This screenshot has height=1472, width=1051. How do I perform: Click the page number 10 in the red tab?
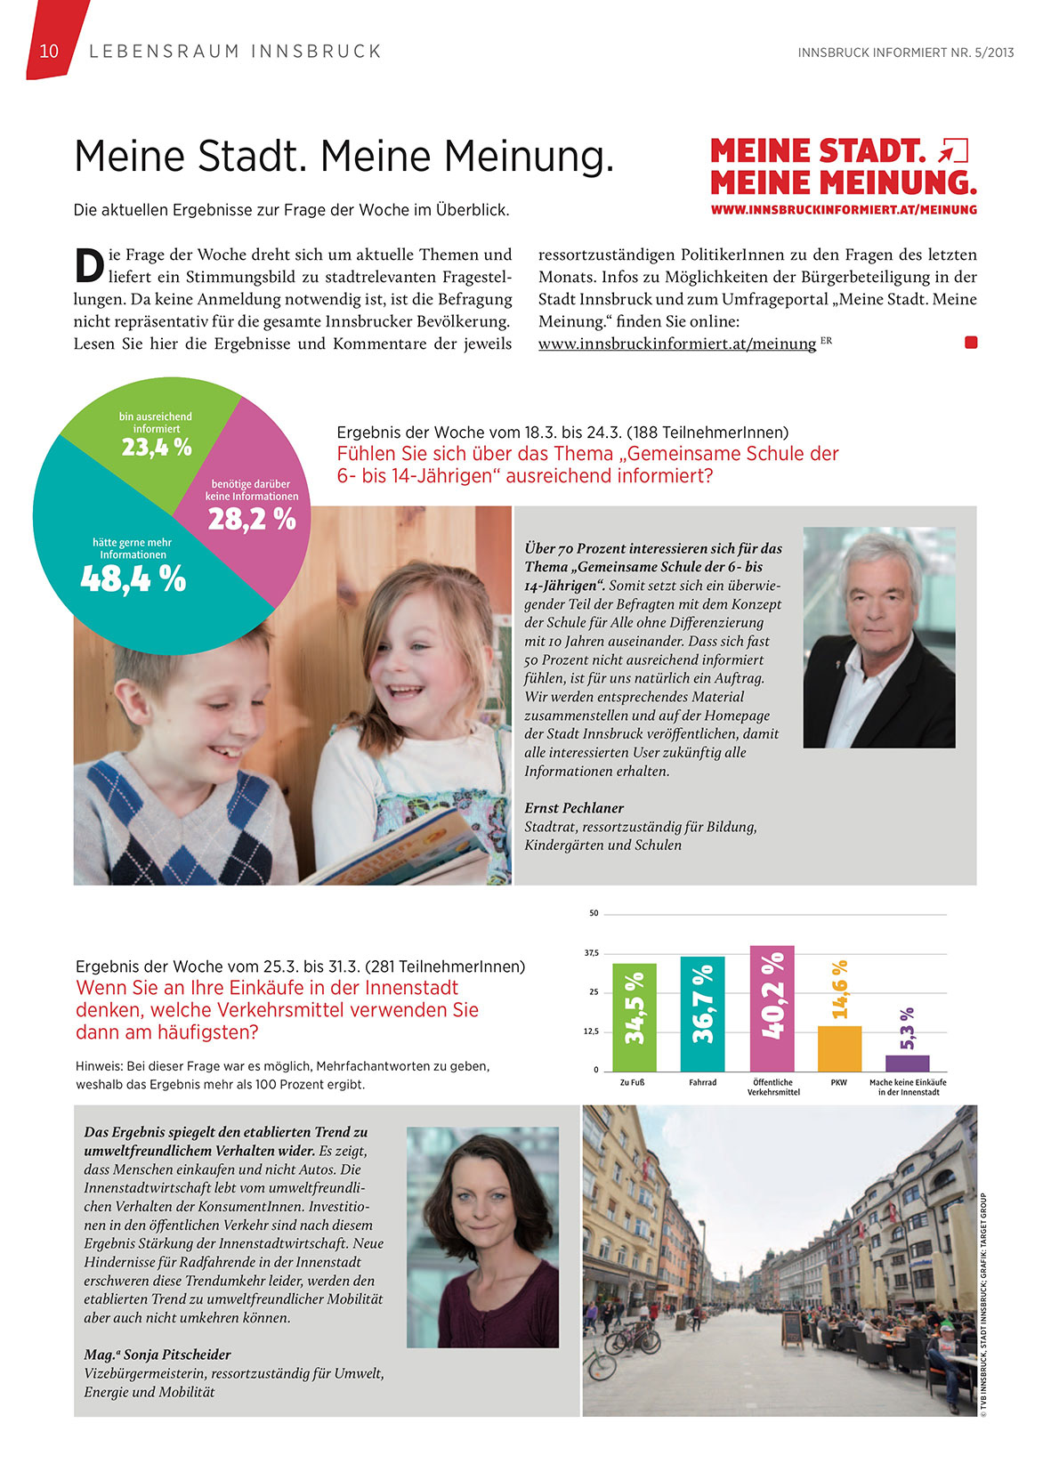(x=49, y=52)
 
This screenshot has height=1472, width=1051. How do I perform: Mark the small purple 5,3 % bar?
(x=907, y=1063)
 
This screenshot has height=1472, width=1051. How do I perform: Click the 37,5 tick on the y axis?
(x=591, y=953)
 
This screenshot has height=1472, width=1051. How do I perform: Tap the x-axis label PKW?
(x=838, y=1083)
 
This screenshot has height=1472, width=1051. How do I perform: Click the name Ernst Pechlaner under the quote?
(x=574, y=808)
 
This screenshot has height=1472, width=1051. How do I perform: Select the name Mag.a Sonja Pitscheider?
(x=158, y=1355)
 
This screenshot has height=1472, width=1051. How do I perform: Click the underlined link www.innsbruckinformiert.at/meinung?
(x=676, y=344)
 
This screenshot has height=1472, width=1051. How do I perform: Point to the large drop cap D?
(x=88, y=266)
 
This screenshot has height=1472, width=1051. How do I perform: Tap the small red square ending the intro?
(x=971, y=343)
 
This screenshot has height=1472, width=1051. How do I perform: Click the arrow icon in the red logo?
(x=953, y=150)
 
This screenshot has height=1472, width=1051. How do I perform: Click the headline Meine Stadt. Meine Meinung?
(x=344, y=156)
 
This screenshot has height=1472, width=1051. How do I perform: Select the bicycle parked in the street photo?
(x=632, y=1337)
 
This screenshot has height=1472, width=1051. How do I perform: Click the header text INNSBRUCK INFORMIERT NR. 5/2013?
(x=905, y=53)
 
